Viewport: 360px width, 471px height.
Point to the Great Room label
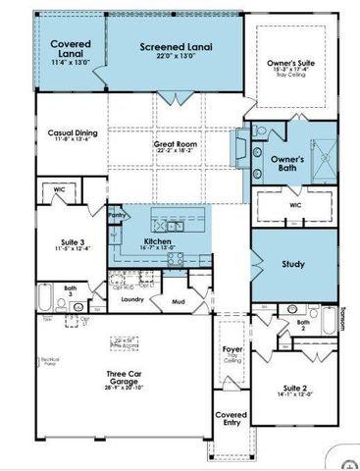pos(177,144)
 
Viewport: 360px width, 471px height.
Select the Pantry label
pos(117,213)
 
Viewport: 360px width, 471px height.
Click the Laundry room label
pos(132,299)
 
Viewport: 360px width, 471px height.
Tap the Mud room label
pos(178,303)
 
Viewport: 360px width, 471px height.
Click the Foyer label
pos(232,348)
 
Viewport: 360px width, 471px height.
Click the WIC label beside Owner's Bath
pos(295,205)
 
